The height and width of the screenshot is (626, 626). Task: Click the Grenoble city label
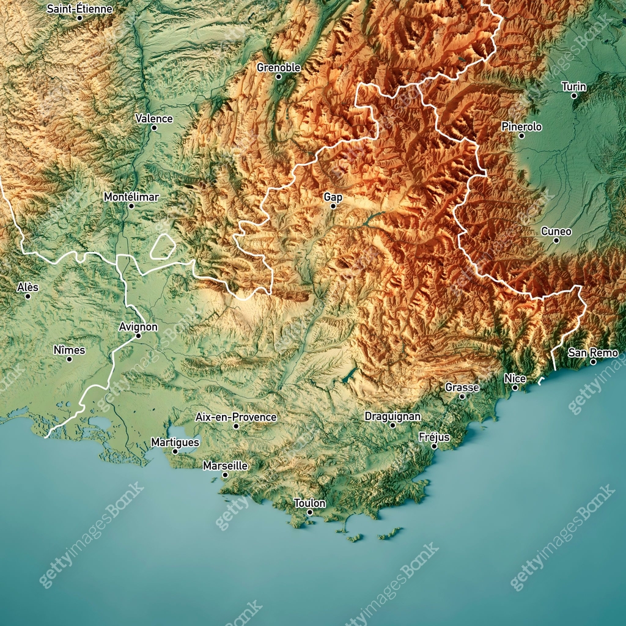[x=278, y=67]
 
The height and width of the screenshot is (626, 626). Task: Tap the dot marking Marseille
[x=225, y=475]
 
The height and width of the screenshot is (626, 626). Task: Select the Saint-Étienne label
[x=79, y=9]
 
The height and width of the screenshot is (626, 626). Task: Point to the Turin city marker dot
[x=574, y=96]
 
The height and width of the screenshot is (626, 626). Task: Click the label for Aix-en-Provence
[x=236, y=417]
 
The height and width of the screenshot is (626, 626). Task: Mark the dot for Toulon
[x=310, y=512]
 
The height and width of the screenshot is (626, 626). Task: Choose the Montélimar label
[x=131, y=197]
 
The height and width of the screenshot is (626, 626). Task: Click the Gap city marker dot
[x=333, y=206]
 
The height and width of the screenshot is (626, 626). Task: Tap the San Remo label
[x=593, y=353]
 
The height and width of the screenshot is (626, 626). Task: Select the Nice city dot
[x=515, y=388]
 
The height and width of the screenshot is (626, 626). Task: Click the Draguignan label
[x=392, y=416]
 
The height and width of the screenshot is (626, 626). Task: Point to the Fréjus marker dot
[x=434, y=446]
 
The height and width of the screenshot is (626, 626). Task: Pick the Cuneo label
[x=556, y=231]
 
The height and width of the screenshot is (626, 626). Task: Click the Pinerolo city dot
[x=521, y=136]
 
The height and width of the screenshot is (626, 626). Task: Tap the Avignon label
[x=138, y=327]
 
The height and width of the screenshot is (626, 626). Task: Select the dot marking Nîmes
[x=69, y=359]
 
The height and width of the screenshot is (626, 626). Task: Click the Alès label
[x=28, y=287]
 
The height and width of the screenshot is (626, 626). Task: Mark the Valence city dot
[x=154, y=128]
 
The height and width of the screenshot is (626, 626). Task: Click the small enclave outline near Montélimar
[x=163, y=247]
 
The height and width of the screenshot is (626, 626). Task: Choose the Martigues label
[x=175, y=442]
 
